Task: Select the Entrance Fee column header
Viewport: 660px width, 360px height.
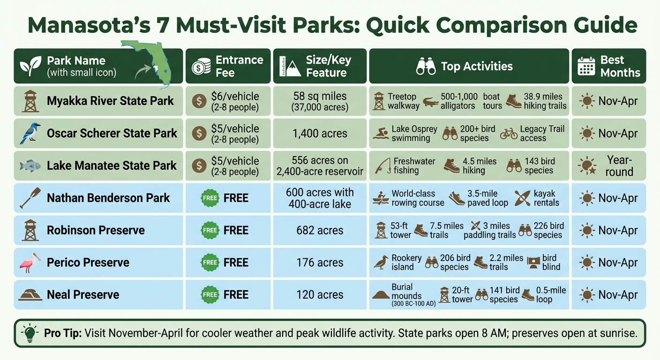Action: click(x=228, y=66)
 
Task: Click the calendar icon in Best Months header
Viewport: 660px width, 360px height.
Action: click(x=586, y=67)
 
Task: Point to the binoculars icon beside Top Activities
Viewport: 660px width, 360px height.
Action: click(x=426, y=67)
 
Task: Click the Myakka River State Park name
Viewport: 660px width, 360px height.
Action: click(x=110, y=101)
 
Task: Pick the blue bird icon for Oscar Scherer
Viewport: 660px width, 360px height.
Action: click(x=30, y=133)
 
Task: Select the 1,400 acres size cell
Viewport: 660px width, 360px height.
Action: click(x=320, y=134)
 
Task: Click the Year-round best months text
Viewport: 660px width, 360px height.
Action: click(x=619, y=166)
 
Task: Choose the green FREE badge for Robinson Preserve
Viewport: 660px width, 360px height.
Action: click(x=210, y=231)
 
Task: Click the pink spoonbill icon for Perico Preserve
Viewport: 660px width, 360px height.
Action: click(x=30, y=262)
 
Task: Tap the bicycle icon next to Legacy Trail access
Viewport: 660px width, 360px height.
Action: click(x=509, y=134)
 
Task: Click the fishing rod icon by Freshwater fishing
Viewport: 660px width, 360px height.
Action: click(x=383, y=165)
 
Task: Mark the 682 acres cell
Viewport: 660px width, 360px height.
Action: click(x=320, y=231)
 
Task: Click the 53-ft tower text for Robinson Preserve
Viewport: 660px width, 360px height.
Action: click(x=400, y=230)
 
